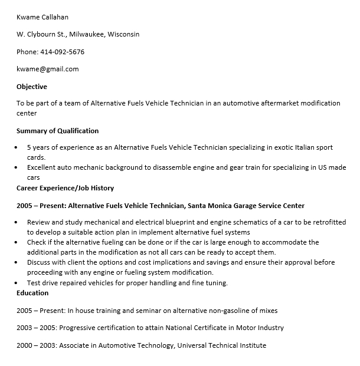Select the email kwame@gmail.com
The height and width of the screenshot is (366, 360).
tap(47, 69)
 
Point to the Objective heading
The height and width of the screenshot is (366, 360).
tap(31, 87)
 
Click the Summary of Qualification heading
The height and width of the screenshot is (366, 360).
tap(57, 131)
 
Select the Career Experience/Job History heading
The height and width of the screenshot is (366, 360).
tap(65, 188)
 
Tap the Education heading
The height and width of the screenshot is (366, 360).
tap(32, 293)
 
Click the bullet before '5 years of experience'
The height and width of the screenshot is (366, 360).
tap(16, 148)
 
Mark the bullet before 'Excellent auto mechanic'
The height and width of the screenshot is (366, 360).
tap(16, 168)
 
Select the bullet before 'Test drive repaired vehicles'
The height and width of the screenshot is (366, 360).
tap(16, 283)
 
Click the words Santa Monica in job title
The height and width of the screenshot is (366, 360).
tap(210, 206)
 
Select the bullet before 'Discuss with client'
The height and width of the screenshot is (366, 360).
tap(16, 263)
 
